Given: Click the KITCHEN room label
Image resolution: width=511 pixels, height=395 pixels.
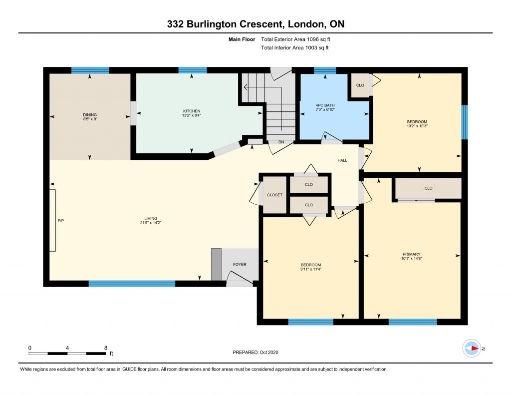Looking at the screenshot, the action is point(192,111).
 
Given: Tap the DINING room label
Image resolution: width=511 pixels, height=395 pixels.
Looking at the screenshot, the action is point(90,115).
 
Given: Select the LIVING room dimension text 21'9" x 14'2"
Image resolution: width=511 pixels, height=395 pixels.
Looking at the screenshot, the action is point(151,223).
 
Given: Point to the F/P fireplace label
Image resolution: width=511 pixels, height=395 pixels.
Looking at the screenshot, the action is point(61,221).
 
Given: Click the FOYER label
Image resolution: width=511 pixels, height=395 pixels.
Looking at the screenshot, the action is point(240,265).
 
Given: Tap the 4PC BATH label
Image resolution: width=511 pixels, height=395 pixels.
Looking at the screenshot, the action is point(325,105).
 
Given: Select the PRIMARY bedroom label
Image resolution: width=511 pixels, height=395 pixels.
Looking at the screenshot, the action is point(412,254).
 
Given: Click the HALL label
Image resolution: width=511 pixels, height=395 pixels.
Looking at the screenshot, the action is point(342,160).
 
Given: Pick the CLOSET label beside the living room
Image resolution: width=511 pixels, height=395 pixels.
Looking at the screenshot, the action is point(275,195).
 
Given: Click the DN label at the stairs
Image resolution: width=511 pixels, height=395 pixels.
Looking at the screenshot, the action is point(281,142).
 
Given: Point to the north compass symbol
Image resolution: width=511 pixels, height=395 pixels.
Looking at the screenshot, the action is point(472,349).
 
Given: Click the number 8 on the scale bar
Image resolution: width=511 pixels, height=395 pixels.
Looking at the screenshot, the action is point(106,348).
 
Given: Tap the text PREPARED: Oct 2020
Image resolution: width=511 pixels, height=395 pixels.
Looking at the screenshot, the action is point(255,352).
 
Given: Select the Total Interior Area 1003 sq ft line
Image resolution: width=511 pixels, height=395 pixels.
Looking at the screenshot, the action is point(294,47).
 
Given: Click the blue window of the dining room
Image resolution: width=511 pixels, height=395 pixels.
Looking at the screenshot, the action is point(90,70).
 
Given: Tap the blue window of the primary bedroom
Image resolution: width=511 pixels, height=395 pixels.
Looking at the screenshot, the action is point(413,322).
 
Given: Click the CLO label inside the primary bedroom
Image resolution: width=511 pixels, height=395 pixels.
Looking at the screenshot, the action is point(429,188).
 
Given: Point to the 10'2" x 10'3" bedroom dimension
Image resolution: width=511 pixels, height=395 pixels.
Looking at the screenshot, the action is point(417,126).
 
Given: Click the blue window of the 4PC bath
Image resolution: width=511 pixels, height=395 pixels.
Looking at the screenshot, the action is point(325,70).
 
